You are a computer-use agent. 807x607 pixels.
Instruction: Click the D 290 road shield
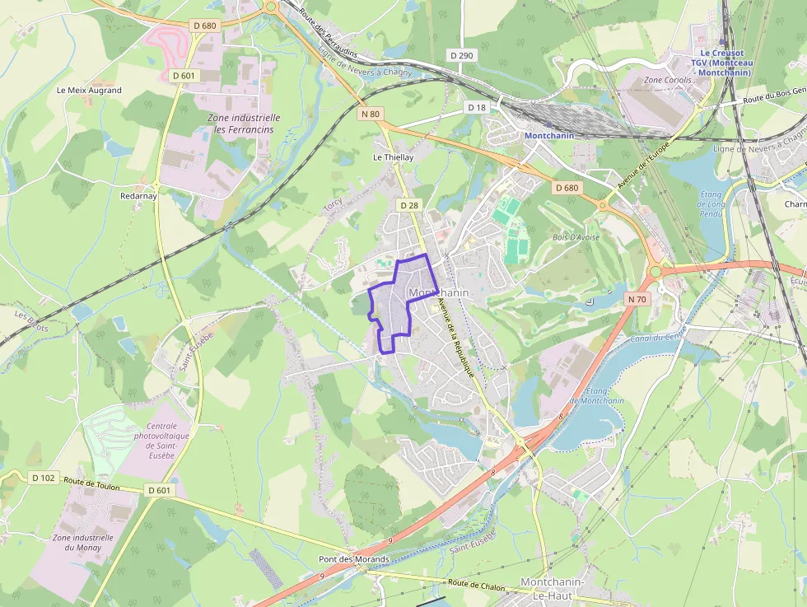[x=462, y=54]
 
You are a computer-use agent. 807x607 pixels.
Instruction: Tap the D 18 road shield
[x=477, y=107]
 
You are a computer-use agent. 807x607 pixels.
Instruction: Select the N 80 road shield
[x=370, y=114]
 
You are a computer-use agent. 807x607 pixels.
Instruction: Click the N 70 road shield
[x=637, y=299]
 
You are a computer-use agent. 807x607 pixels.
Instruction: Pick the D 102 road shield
[x=44, y=477]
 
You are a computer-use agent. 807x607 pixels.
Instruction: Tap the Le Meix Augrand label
[x=89, y=91]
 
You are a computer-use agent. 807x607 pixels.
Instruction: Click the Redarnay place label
[x=138, y=196]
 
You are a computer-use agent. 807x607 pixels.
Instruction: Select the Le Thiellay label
[x=393, y=156]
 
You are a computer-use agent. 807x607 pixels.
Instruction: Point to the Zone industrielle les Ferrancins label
[x=244, y=124]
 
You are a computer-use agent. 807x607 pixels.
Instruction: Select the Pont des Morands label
[x=353, y=559]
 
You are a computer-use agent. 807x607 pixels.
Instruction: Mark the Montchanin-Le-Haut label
[x=553, y=588]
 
